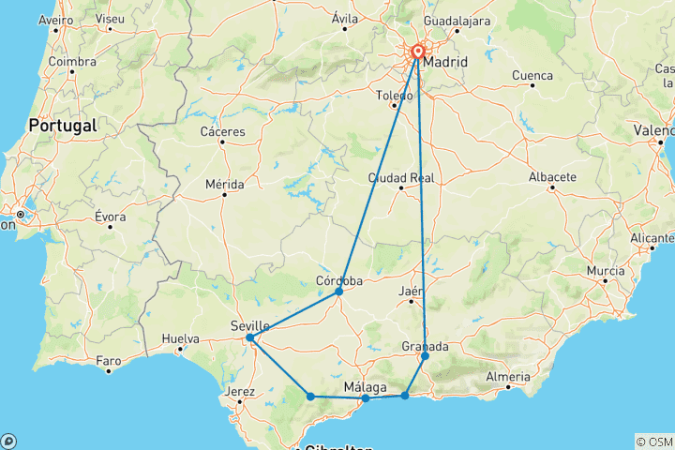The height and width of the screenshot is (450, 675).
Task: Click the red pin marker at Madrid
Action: click(417, 54)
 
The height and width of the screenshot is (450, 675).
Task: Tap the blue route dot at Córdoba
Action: click(338, 292)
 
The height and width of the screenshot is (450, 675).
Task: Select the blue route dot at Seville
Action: click(249, 337)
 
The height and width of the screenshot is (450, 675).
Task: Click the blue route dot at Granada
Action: click(425, 356)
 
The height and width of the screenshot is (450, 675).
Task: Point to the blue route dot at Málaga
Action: click(365, 398)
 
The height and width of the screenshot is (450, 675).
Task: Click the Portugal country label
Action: click(62, 125)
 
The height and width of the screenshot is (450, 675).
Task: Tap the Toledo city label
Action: click(395, 95)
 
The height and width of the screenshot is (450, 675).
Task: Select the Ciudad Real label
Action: click(400, 176)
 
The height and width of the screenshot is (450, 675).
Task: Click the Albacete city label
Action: click(551, 176)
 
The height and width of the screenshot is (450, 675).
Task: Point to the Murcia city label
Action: click(605, 271)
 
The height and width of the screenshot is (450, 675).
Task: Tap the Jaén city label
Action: click(411, 292)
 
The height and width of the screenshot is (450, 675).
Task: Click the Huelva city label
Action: click(180, 338)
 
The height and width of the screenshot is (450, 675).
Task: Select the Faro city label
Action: click(109, 360)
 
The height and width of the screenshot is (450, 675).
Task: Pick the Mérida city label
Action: click(225, 184)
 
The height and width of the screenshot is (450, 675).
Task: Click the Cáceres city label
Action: click(222, 131)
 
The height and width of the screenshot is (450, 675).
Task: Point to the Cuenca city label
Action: click(532, 74)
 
